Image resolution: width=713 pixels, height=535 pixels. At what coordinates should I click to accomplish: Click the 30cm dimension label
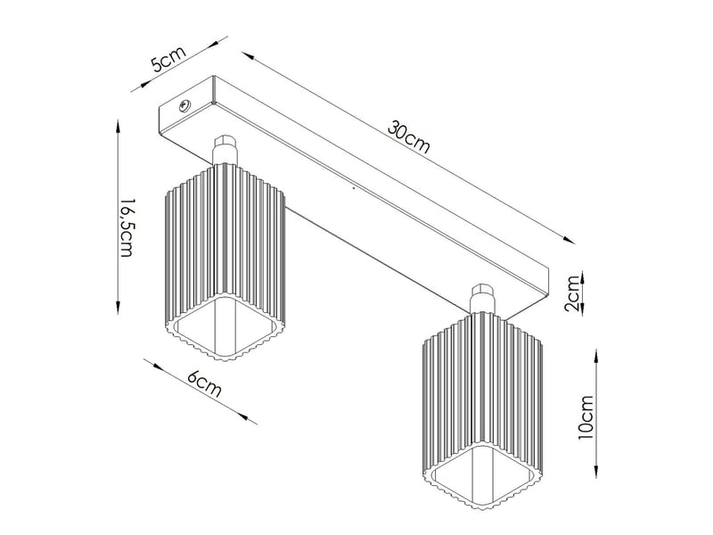pyautogui.click(x=408, y=137)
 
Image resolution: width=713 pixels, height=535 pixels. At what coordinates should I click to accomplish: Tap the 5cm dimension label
pyautogui.click(x=168, y=58)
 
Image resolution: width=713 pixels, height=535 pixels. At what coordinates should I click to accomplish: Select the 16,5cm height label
pyautogui.click(x=126, y=227)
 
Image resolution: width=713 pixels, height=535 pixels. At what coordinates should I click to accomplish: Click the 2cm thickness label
pyautogui.click(x=572, y=293)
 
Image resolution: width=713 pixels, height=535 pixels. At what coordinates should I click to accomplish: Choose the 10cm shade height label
pyautogui.click(x=586, y=417)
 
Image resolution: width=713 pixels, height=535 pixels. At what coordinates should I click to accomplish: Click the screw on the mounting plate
pyautogui.click(x=185, y=105)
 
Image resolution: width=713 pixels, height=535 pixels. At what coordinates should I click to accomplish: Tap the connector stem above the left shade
pyautogui.click(x=225, y=150)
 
